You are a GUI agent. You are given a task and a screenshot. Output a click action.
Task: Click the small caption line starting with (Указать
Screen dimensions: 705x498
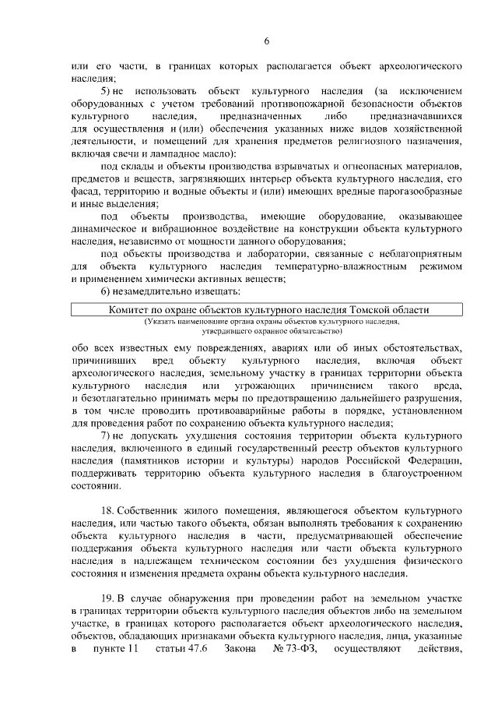coord(271,343)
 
